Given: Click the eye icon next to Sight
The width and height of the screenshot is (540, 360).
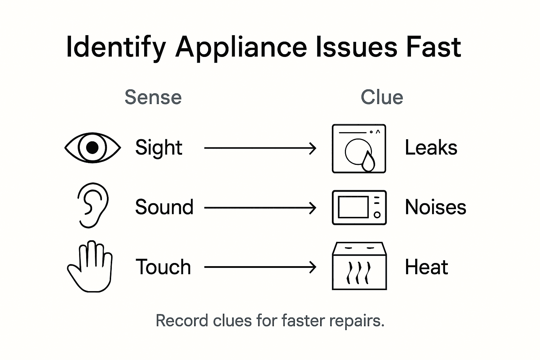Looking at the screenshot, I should click(92, 148).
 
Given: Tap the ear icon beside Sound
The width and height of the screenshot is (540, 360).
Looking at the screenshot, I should click(92, 205).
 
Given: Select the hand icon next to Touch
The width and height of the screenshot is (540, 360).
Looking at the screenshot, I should click(90, 267).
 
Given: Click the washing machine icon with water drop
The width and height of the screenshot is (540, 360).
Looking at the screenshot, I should click(359, 148).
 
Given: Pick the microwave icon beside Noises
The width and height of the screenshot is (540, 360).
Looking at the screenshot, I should click(359, 207).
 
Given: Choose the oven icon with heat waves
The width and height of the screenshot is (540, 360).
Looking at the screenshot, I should click(359, 266).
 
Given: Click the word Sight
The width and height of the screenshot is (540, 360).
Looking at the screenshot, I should click(159, 148).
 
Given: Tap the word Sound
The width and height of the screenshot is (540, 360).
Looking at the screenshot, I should click(164, 207).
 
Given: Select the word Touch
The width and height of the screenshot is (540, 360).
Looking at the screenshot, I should click(163, 267).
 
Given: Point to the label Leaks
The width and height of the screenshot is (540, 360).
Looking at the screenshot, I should click(431, 148).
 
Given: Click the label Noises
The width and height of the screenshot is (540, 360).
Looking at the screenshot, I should click(435, 207).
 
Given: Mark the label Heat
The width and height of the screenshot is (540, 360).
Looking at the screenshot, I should click(426, 267).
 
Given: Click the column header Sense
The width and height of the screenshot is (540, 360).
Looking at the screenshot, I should click(153, 97).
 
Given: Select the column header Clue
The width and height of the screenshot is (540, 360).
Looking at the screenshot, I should click(382, 97).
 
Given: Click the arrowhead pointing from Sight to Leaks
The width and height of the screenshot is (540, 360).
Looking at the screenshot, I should click(313, 148).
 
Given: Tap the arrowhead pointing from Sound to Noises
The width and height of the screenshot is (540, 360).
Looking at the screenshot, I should click(313, 208).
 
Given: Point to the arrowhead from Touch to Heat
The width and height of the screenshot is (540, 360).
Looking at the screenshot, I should click(313, 267).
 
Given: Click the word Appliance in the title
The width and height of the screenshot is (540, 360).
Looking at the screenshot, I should click(241, 48).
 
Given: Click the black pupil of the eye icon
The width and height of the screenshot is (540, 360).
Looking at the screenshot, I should click(92, 148).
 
